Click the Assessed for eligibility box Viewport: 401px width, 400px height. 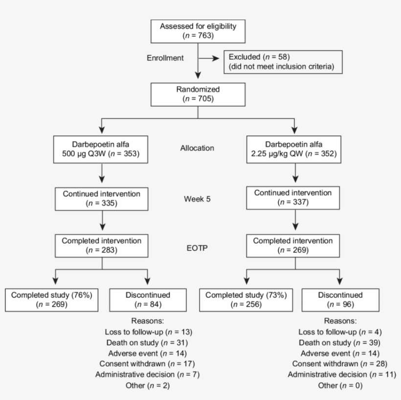[197, 30]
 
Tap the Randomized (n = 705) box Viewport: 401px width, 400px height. [197, 94]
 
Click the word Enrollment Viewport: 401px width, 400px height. [165, 58]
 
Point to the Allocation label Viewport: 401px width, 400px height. [198, 148]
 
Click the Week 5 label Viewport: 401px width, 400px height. [198, 200]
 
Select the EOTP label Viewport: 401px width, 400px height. [198, 248]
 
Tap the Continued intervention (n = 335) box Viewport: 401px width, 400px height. [102, 198]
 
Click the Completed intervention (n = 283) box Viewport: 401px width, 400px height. [102, 245]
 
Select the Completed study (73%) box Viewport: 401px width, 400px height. [245, 300]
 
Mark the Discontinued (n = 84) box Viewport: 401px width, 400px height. [148, 300]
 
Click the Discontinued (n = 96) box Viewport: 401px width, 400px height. [341, 300]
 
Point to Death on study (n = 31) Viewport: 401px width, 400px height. [148, 343]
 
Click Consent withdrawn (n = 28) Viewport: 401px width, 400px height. [341, 364]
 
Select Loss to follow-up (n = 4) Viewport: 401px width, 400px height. [340, 332]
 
